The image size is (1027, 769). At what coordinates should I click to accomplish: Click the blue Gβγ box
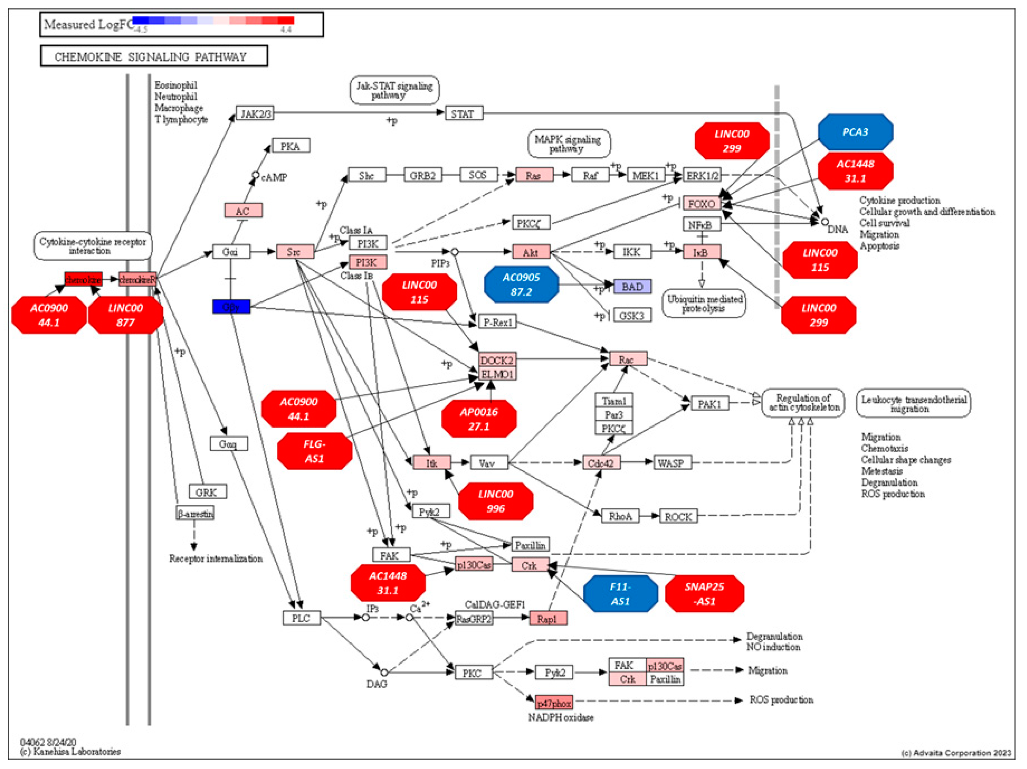click(x=231, y=307)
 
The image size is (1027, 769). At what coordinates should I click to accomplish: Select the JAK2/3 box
click(x=254, y=113)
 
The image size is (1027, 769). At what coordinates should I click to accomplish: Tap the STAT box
click(x=463, y=113)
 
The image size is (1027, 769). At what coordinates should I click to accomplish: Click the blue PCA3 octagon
click(x=855, y=132)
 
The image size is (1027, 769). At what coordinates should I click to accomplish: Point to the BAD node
click(x=632, y=286)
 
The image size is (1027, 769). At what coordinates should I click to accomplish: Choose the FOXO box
click(x=701, y=203)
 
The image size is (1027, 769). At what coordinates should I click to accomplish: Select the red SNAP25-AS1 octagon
click(x=704, y=594)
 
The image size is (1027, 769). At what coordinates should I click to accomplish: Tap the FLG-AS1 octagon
click(x=314, y=451)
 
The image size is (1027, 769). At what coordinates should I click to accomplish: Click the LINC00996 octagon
click(x=495, y=501)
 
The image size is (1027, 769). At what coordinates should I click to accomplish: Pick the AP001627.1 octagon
click(x=479, y=419)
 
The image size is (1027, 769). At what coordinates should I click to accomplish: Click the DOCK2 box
click(x=497, y=360)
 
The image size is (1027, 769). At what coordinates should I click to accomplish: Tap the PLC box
click(x=301, y=618)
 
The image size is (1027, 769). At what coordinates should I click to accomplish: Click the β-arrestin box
click(x=195, y=513)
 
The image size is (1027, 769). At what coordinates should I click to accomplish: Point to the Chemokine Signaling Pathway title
click(x=154, y=56)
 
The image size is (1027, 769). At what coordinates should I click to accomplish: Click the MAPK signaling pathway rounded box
click(x=568, y=143)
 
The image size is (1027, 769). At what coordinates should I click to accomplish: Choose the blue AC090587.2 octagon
click(x=521, y=284)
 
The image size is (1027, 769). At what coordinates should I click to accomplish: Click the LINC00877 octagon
click(x=125, y=315)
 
